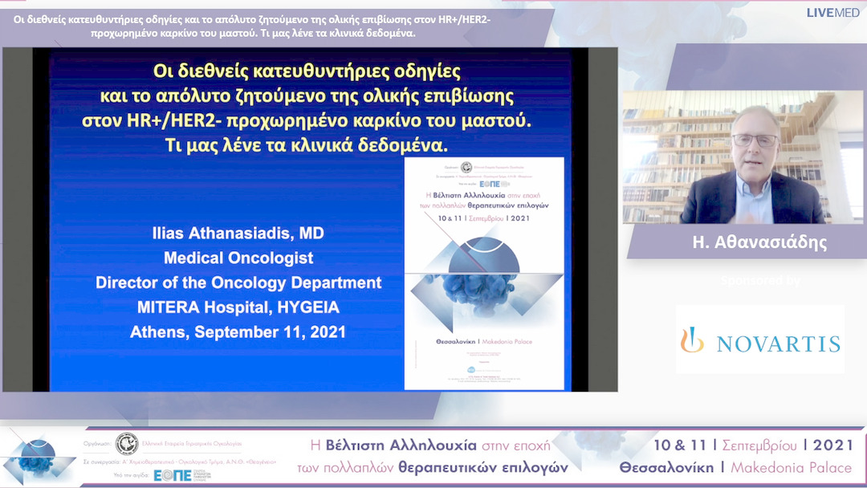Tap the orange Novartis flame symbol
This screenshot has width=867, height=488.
[x=692, y=341]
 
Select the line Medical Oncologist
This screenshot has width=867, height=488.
[x=238, y=258]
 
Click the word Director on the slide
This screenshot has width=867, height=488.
[x=126, y=283]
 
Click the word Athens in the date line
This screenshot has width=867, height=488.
[x=162, y=332]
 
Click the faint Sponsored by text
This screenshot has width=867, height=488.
[x=760, y=281]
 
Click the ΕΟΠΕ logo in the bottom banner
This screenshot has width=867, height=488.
[x=173, y=474]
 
